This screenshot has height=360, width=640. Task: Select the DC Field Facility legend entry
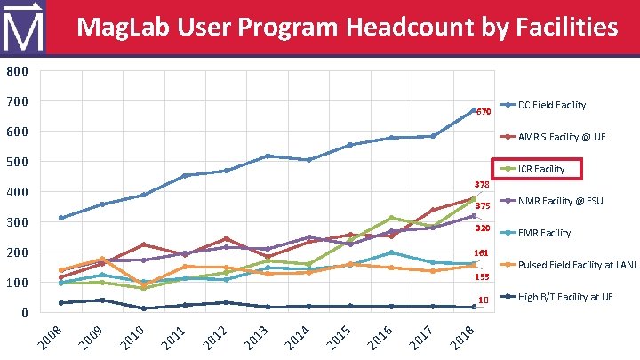pyautogui.click(x=551, y=105)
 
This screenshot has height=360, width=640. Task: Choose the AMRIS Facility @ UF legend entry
pyautogui.click(x=562, y=137)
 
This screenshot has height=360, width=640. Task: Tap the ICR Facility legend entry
pyautogui.click(x=541, y=169)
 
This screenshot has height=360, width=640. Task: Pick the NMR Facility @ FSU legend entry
pyautogui.click(x=560, y=201)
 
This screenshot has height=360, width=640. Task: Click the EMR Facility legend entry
pyautogui.click(x=544, y=233)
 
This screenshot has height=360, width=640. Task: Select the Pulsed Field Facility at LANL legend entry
pyautogui.click(x=578, y=265)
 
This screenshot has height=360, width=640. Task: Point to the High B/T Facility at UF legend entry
pyautogui.click(x=565, y=297)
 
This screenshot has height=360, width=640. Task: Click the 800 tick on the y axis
pyautogui.click(x=17, y=71)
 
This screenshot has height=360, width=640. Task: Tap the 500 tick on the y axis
pyautogui.click(x=17, y=162)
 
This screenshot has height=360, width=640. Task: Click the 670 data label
pyautogui.click(x=484, y=113)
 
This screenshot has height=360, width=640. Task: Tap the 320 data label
pyautogui.click(x=484, y=228)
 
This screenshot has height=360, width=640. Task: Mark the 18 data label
pyautogui.click(x=484, y=300)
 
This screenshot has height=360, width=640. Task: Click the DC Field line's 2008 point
pyautogui.click(x=60, y=218)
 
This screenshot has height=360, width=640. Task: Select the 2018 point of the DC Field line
pyautogui.click(x=474, y=110)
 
